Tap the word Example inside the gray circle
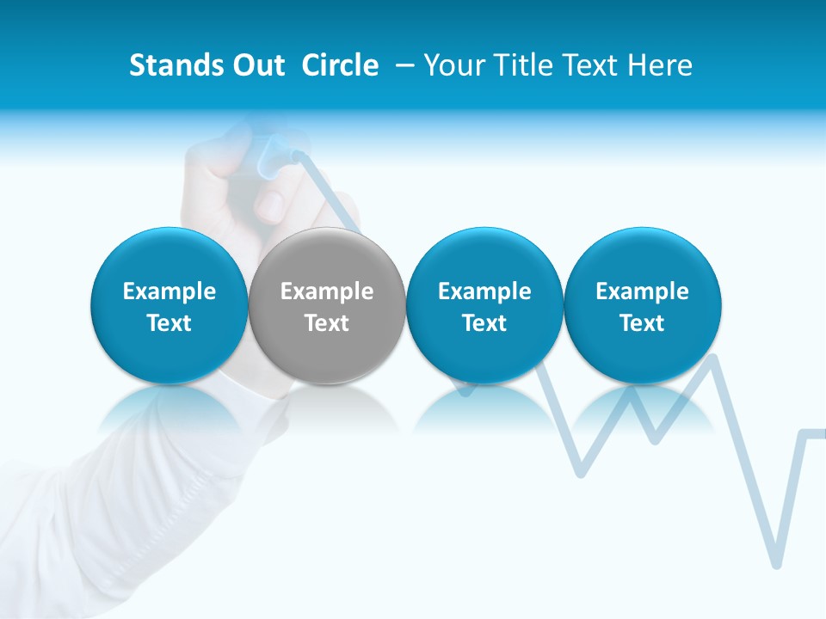point(327,291)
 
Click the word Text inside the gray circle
point(327,323)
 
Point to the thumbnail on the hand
point(272,205)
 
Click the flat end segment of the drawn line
point(813,432)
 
